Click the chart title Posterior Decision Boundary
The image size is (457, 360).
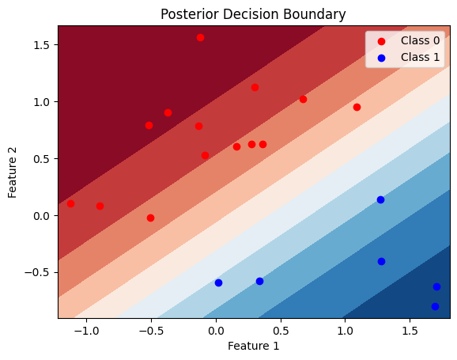[253, 14]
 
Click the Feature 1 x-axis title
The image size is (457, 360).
[253, 346]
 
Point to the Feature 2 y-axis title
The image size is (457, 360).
[12, 173]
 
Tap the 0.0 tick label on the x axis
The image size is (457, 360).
[216, 331]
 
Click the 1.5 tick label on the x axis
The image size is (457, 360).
[410, 331]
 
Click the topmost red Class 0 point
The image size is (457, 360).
[200, 38]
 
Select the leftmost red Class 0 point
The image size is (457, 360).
[70, 203]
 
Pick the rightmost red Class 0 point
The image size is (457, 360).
[357, 108]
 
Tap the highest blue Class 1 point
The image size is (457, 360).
[380, 200]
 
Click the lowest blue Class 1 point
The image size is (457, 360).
[435, 307]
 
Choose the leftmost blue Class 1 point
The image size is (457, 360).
[218, 282]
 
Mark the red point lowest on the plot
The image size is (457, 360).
[150, 218]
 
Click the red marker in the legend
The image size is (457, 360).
[381, 41]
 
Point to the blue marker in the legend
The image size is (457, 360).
[381, 58]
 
